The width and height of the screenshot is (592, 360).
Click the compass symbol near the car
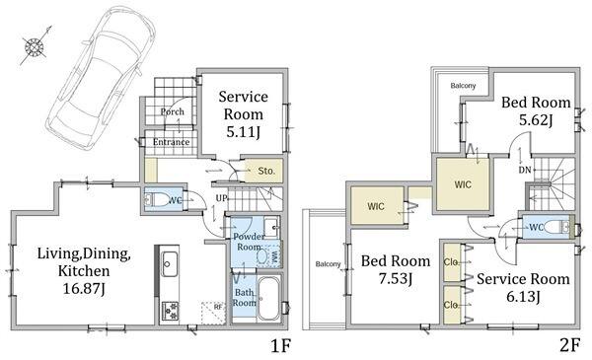[x=35, y=47]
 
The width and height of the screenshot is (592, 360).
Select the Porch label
[x=172, y=111]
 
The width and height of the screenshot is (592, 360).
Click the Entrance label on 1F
[x=171, y=142]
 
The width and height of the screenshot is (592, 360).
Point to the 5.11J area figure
[x=243, y=132]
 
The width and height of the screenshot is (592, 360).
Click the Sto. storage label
[x=266, y=171]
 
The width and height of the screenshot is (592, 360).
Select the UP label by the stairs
[x=221, y=198]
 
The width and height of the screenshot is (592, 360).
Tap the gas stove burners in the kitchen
[x=170, y=311]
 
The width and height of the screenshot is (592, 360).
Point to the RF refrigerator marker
[x=218, y=307]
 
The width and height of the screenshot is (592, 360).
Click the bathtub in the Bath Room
[x=269, y=298]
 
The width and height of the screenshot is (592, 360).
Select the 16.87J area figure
[x=84, y=289]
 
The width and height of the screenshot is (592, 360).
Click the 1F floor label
[x=281, y=345]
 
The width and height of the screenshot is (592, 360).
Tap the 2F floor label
[x=569, y=345]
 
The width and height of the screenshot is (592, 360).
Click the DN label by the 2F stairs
[x=525, y=171]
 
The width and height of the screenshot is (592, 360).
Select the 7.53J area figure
[x=396, y=279]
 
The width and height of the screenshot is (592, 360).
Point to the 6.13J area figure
[x=523, y=297]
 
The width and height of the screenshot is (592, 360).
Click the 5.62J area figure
[x=536, y=120]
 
